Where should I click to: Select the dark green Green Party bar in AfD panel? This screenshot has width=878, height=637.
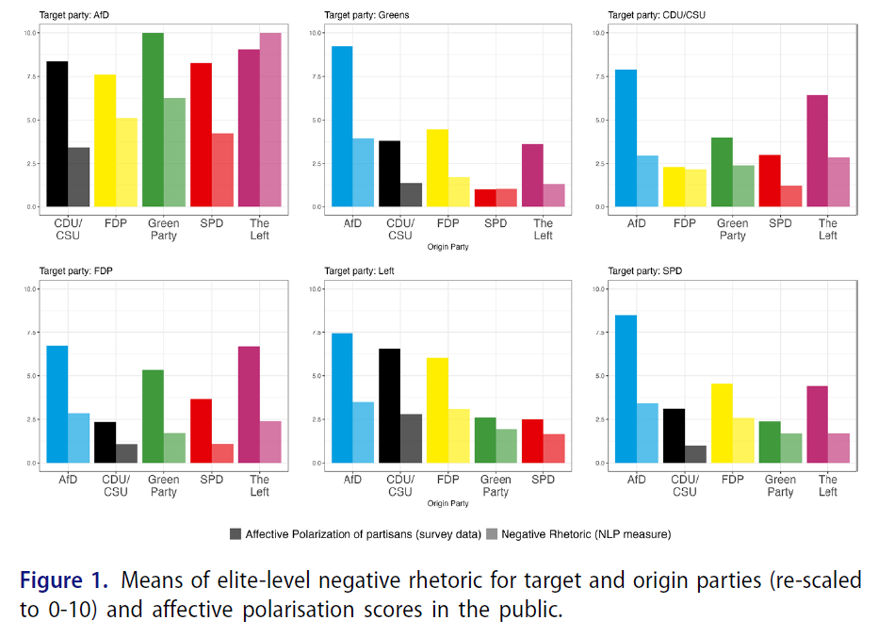(x=153, y=120)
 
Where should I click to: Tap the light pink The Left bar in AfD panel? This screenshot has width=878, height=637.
(x=270, y=120)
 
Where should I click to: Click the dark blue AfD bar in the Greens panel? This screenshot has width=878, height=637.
(x=342, y=126)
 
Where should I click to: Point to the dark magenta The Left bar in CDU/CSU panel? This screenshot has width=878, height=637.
(x=818, y=151)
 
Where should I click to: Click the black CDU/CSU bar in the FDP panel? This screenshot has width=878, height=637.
(x=105, y=442)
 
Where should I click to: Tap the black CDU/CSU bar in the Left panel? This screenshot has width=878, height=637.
(x=389, y=405)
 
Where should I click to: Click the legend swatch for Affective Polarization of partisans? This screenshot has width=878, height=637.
(x=236, y=534)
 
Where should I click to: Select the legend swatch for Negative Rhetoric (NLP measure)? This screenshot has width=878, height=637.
(x=492, y=534)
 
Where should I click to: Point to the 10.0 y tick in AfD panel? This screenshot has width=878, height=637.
(x=30, y=33)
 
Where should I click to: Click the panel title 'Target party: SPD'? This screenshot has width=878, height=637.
(x=645, y=271)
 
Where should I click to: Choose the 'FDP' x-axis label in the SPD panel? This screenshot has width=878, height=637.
(x=732, y=480)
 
